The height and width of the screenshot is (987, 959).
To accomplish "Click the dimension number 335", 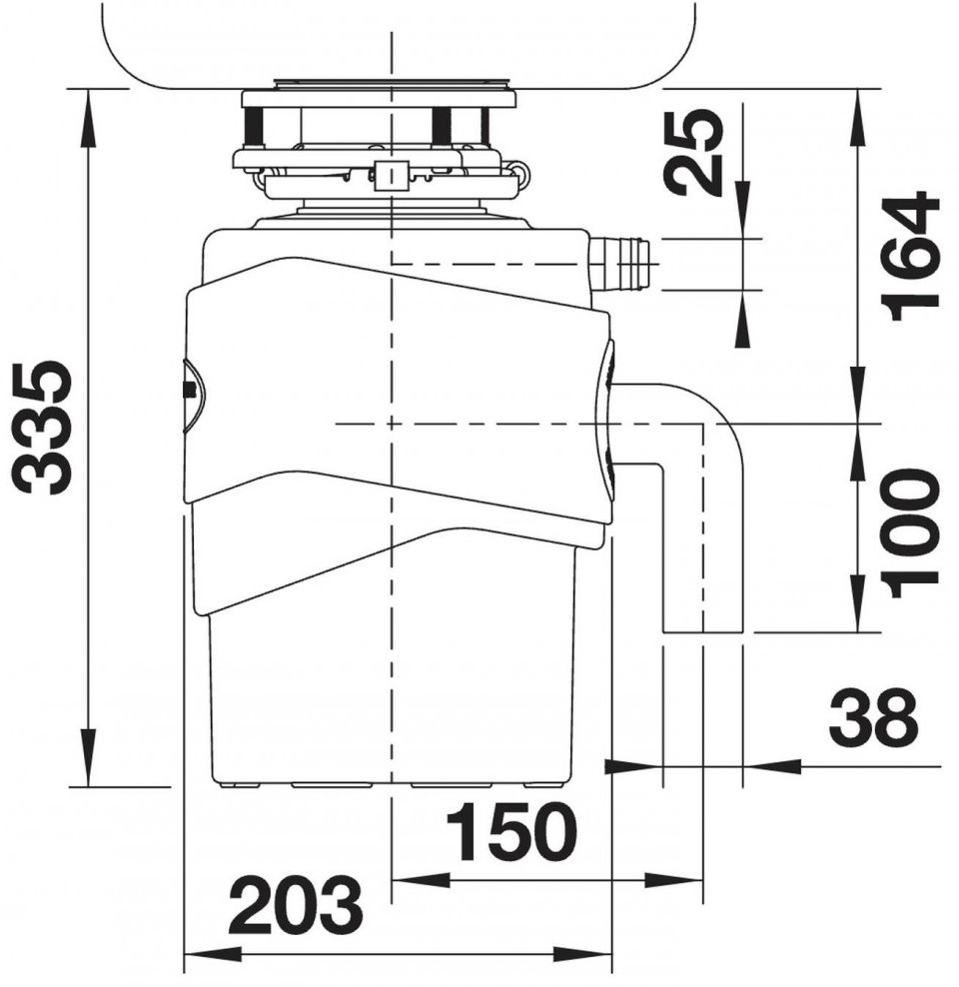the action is tap(44, 428).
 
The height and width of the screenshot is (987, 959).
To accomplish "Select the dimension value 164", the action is tap(909, 256).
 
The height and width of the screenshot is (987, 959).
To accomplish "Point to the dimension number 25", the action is tap(693, 151).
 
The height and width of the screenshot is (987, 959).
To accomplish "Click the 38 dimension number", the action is tap(873, 716).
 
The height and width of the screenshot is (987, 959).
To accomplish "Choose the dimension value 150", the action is tap(510, 831).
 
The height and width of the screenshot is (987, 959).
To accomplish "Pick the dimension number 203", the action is tap(296, 905).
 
